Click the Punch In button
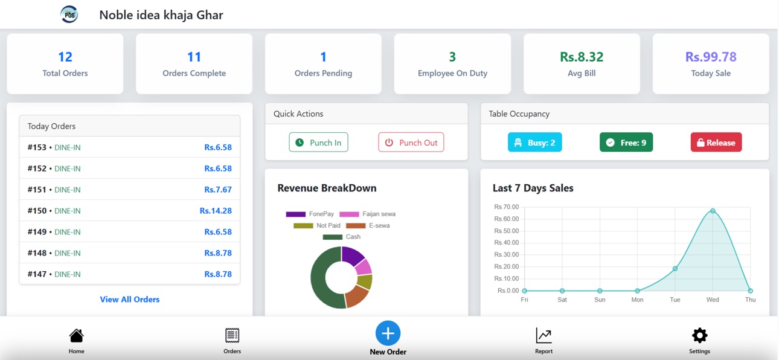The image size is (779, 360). pyautogui.click(x=318, y=143)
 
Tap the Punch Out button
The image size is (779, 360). pyautogui.click(x=411, y=143)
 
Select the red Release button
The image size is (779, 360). pyautogui.click(x=716, y=143)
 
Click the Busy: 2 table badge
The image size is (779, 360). pyautogui.click(x=534, y=143)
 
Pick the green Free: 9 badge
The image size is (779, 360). pyautogui.click(x=626, y=143)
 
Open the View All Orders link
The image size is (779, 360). pyautogui.click(x=130, y=300)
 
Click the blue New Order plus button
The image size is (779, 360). pyautogui.click(x=388, y=333)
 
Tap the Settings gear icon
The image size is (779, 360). pyautogui.click(x=699, y=335)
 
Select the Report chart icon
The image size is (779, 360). pyautogui.click(x=543, y=335)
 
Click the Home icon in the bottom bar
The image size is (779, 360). pyautogui.click(x=76, y=335)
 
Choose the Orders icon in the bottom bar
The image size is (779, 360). pyautogui.click(x=232, y=335)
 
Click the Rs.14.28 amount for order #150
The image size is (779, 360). pyautogui.click(x=216, y=211)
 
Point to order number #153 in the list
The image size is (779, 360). pyautogui.click(x=37, y=147)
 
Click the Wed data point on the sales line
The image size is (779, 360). pyautogui.click(x=713, y=211)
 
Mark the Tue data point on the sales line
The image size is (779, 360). pyautogui.click(x=675, y=269)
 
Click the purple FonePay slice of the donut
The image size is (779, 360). pyautogui.click(x=352, y=256)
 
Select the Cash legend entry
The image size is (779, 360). pyautogui.click(x=342, y=237)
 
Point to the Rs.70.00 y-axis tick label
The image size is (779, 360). pyautogui.click(x=506, y=207)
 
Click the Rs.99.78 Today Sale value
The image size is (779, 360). pyautogui.click(x=711, y=57)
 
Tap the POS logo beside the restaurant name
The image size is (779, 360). pyautogui.click(x=69, y=14)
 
